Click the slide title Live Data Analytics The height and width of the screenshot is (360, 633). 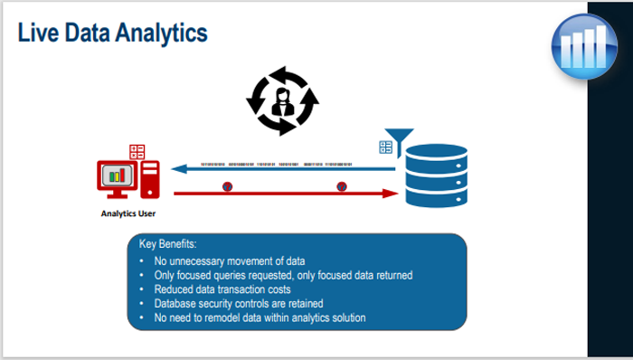(112, 33)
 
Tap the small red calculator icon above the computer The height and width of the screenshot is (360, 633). (137, 151)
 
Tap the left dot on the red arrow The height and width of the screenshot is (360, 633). (226, 187)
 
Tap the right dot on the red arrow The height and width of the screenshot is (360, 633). (342, 187)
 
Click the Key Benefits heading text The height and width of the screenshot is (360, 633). (167, 244)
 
